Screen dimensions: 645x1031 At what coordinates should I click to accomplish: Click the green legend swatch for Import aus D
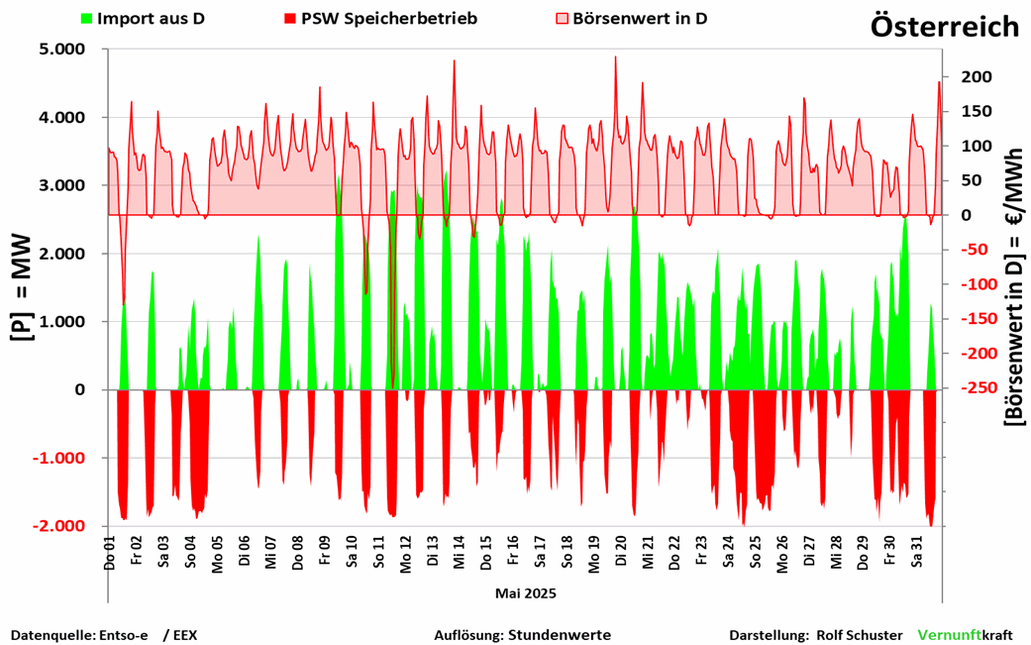[87, 19]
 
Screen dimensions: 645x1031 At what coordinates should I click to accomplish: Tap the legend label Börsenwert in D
[639, 19]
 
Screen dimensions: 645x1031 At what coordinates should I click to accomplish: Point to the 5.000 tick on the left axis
[60, 50]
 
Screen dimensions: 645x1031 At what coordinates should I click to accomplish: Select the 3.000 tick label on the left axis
[60, 186]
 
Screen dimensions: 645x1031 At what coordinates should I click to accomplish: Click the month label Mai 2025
[525, 593]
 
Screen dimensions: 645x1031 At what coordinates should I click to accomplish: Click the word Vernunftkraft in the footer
[966, 634]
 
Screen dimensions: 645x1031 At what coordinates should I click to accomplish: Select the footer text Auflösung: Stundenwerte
[522, 634]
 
